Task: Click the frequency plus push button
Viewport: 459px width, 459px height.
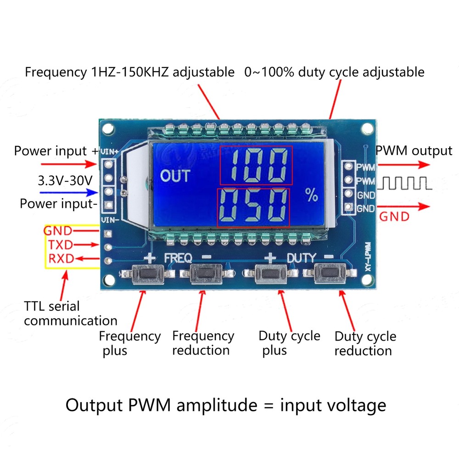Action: [146, 274]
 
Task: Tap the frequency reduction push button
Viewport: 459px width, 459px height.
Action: [204, 274]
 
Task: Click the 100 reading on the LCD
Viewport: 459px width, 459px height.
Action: [256, 166]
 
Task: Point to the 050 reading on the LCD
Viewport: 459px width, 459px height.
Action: [253, 207]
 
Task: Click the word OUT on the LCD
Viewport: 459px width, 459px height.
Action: [175, 176]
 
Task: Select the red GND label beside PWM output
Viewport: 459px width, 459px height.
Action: [394, 216]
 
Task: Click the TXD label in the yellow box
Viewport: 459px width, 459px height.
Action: [60, 244]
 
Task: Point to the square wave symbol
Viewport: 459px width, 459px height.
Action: [404, 184]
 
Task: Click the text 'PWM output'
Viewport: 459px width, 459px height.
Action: [414, 151]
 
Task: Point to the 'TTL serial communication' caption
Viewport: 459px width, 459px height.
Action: [70, 313]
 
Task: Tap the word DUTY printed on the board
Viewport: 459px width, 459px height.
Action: [302, 257]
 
